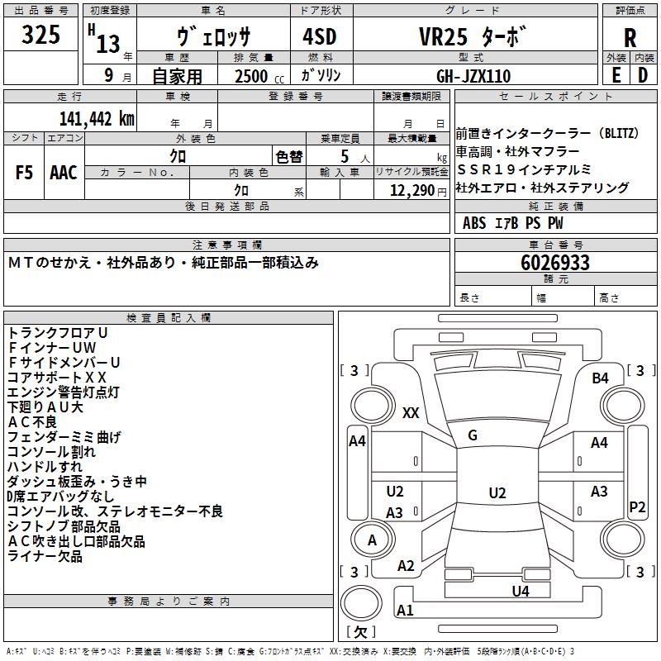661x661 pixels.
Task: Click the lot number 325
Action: point(41,36)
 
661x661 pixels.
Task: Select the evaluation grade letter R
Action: point(630,38)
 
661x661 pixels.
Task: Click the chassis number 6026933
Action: point(555,263)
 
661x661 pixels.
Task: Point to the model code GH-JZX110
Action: point(473,76)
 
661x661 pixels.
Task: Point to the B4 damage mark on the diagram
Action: point(600,378)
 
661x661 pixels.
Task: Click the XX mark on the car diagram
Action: point(411,413)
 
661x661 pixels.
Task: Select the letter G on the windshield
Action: point(473,435)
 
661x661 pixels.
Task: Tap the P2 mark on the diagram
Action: point(637,506)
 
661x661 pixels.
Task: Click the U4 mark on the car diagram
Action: point(520,591)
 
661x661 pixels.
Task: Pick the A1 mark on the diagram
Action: point(405,611)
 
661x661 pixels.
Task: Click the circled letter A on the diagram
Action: point(372,540)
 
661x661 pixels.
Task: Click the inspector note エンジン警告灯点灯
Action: point(64,392)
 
